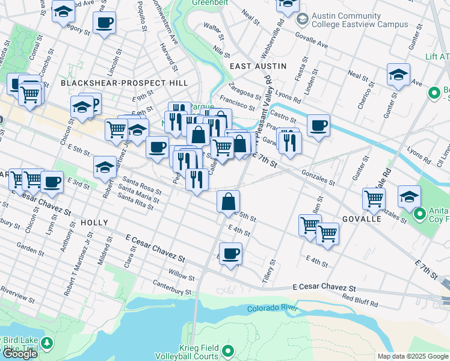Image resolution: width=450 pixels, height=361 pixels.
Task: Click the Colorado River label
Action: coord(273,309)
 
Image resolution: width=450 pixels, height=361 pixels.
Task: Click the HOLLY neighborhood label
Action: coord(93,223)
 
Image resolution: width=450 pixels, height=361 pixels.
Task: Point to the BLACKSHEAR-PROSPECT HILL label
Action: coord(125,83)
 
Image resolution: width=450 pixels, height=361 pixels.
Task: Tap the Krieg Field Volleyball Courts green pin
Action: coord(228,350)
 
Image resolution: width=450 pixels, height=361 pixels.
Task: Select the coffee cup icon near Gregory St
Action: coord(104,23)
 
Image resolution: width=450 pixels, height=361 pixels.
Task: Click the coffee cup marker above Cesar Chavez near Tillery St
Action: coord(230,253)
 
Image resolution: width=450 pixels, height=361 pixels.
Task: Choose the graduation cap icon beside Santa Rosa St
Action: coord(105,167)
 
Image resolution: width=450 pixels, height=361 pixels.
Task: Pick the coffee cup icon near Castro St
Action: coord(318,126)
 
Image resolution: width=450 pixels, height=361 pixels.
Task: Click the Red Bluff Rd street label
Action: coord(360,298)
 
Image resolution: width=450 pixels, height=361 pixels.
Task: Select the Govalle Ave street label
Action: coord(311,40)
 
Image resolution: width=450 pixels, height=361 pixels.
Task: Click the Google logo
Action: coord(20,354)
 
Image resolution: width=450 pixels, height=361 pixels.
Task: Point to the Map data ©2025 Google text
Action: coord(412,356)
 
